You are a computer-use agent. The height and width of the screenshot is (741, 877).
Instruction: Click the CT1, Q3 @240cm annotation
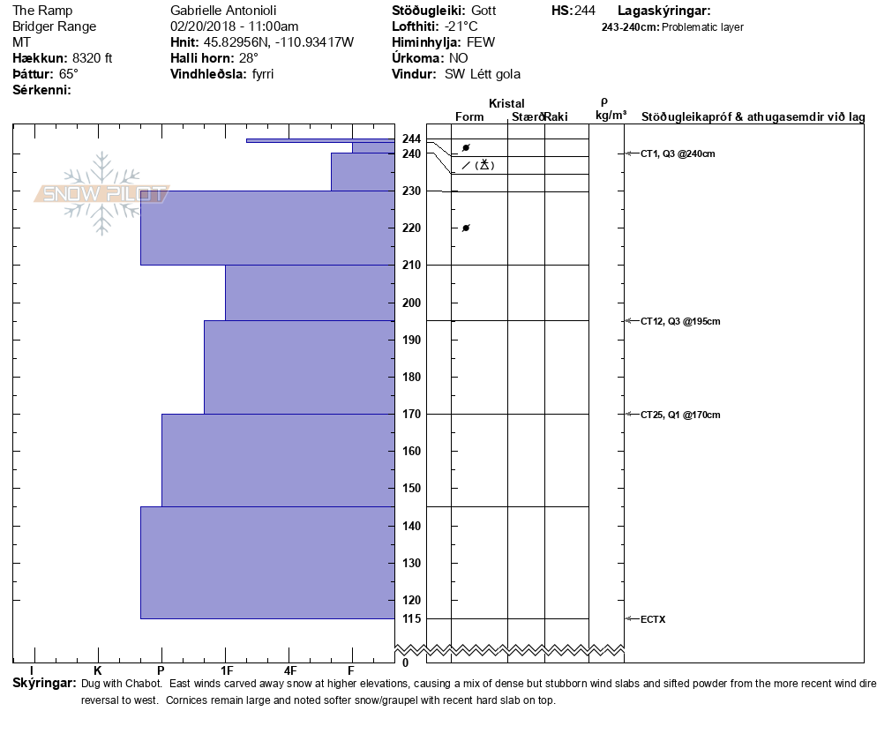pyautogui.click(x=677, y=153)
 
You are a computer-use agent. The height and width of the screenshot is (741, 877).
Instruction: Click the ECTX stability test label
pyautogui.click(x=653, y=619)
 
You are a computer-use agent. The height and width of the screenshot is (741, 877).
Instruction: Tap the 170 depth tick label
pyautogui.click(x=411, y=414)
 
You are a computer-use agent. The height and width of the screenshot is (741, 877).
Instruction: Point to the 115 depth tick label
pyautogui.click(x=411, y=618)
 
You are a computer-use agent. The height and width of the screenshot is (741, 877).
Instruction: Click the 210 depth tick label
pyautogui.click(x=411, y=265)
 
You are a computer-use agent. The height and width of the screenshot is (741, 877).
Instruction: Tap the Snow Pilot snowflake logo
pyautogui.click(x=102, y=193)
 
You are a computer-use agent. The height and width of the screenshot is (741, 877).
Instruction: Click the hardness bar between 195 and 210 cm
pyautogui.click(x=310, y=292)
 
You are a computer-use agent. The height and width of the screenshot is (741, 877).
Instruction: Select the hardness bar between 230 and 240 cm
pyautogui.click(x=363, y=171)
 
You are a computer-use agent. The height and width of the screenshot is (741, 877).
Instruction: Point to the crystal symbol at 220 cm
pyautogui.click(x=466, y=228)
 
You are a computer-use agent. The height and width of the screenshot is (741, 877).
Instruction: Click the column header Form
pyautogui.click(x=469, y=116)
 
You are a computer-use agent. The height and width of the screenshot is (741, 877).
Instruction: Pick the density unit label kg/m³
pyautogui.click(x=611, y=116)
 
